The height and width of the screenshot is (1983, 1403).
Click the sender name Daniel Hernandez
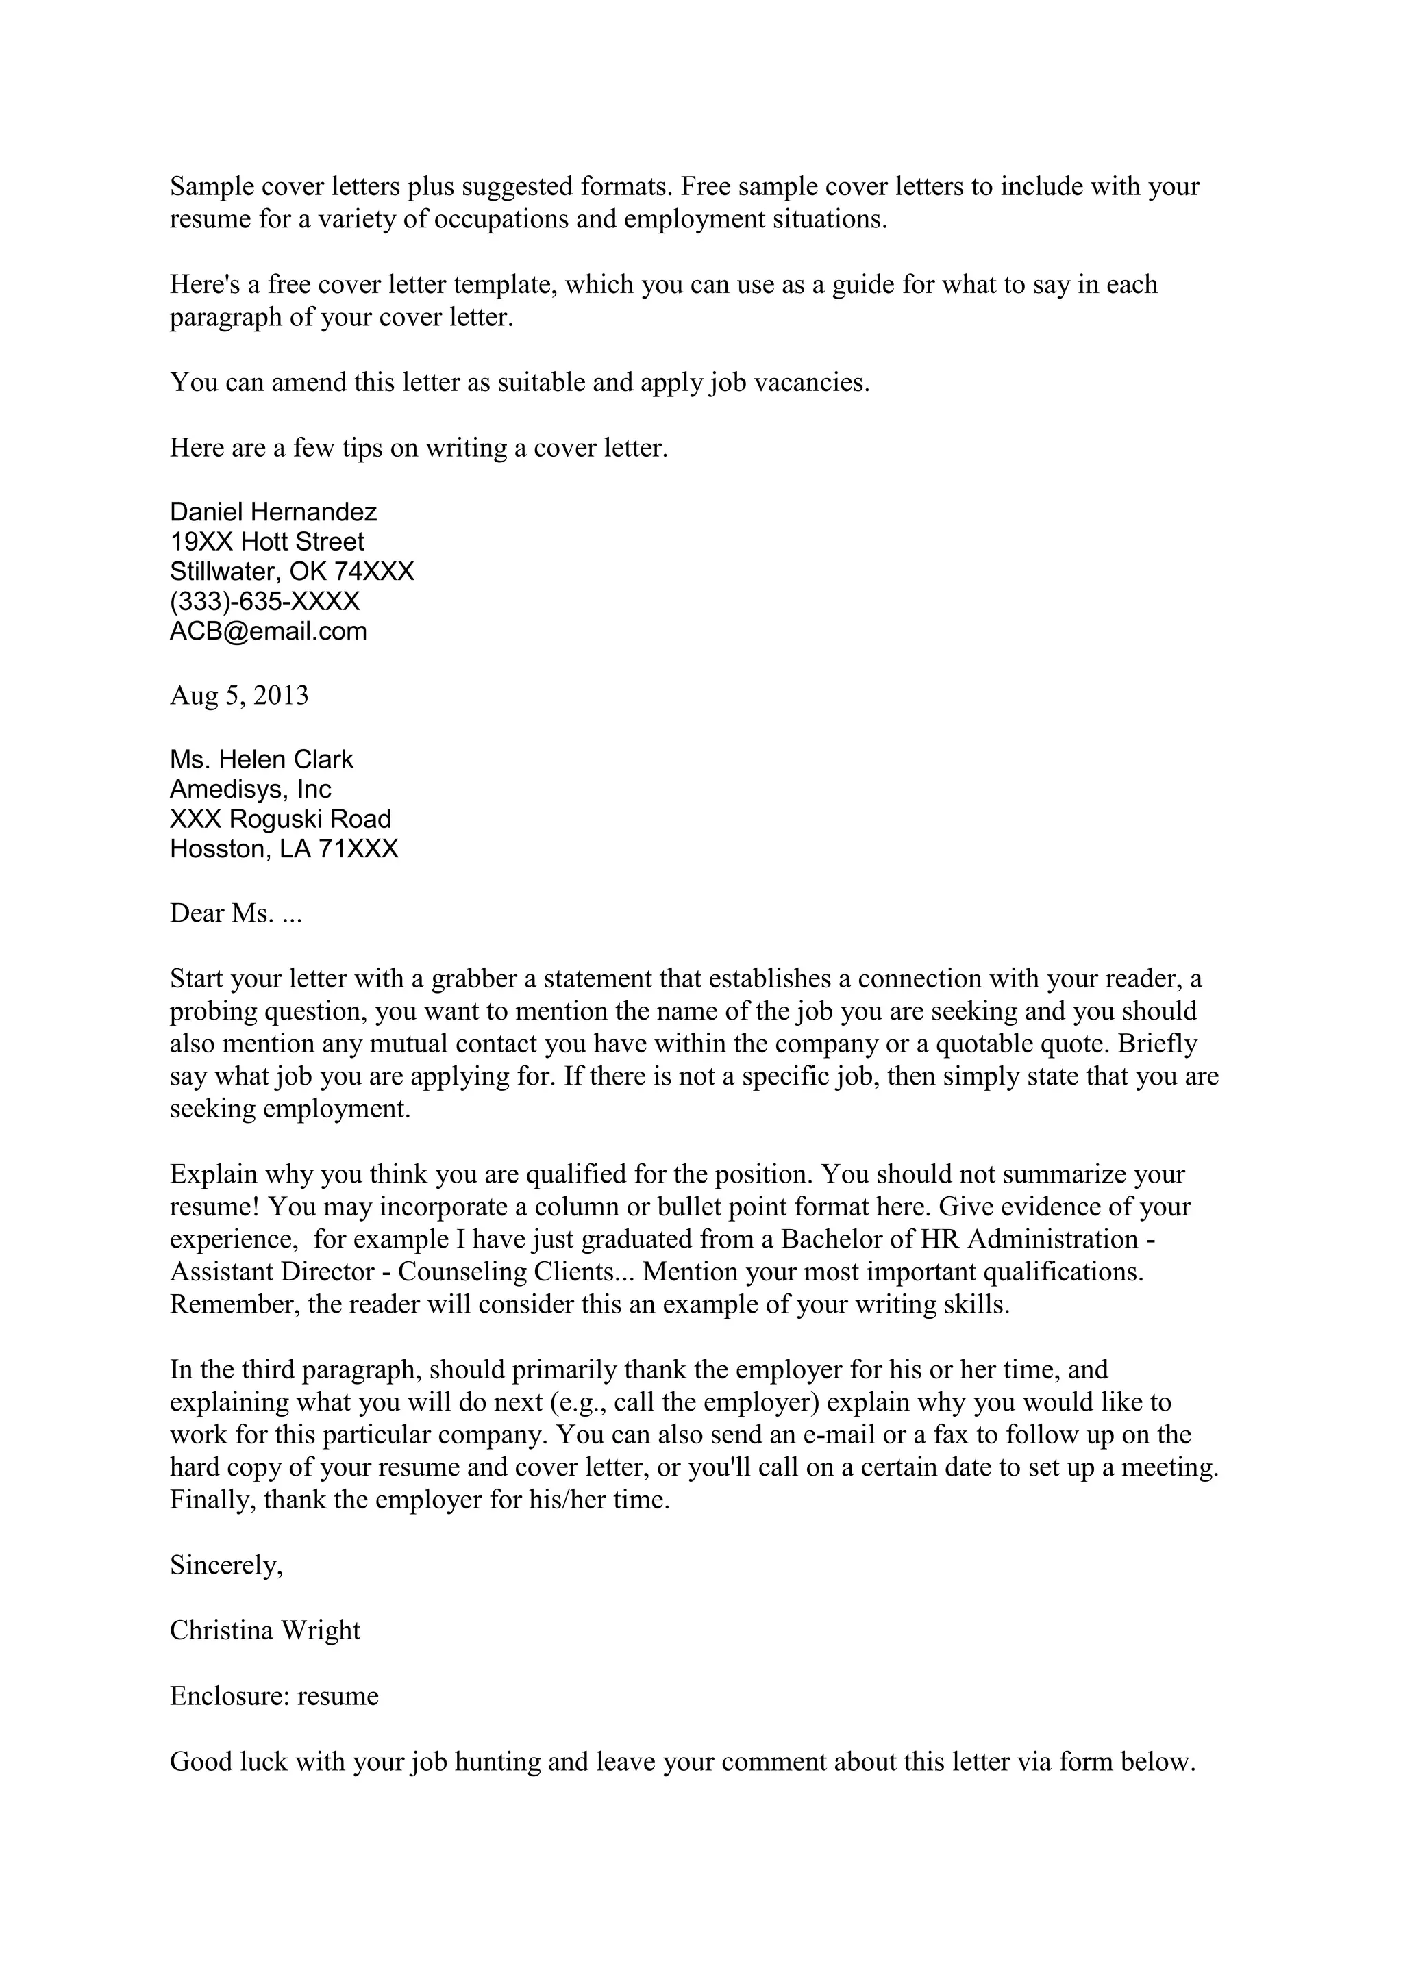pos(273,512)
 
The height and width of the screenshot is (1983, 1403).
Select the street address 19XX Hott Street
pos(267,542)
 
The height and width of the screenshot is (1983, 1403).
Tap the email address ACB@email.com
pos(268,631)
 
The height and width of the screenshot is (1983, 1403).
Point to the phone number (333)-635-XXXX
pos(264,601)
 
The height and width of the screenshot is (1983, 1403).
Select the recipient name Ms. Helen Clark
pos(261,759)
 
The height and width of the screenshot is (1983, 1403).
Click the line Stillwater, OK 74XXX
pos(291,571)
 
